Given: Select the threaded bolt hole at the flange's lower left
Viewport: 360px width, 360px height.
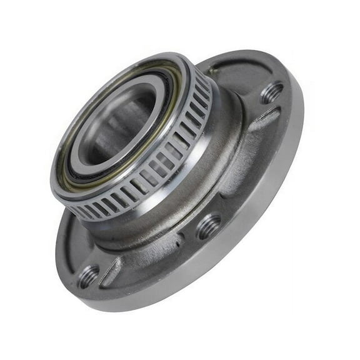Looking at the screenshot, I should click(x=89, y=276).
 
